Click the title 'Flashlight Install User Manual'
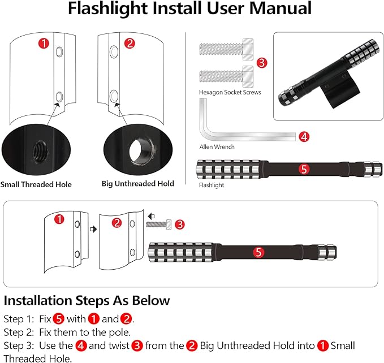(x=189, y=10)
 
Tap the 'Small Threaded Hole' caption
(x=36, y=184)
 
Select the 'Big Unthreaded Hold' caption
(x=138, y=184)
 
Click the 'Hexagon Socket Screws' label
(x=230, y=92)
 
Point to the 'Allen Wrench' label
(x=217, y=147)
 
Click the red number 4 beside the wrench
(x=304, y=136)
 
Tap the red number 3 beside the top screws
(x=261, y=63)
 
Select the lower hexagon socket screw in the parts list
(x=224, y=76)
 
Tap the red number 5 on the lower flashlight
(x=258, y=253)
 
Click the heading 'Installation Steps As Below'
(x=87, y=300)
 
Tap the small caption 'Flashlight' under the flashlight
(x=212, y=185)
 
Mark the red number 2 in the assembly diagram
(x=117, y=222)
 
